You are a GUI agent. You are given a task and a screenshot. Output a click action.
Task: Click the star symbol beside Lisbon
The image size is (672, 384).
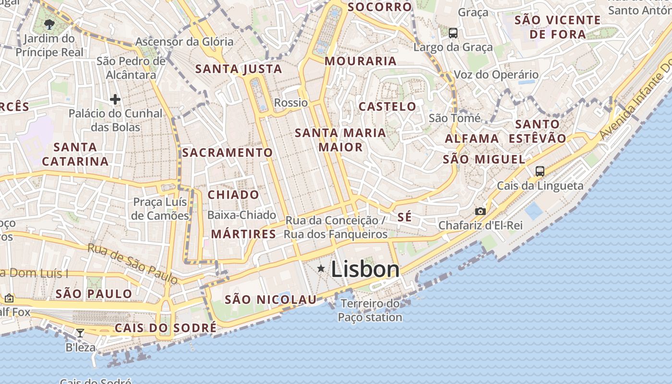[321, 268]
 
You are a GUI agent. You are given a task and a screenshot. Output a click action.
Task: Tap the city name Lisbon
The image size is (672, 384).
[365, 269]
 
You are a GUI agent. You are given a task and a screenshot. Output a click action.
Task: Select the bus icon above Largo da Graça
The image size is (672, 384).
[453, 33]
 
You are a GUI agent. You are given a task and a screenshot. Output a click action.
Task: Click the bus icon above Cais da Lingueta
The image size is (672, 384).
[540, 171]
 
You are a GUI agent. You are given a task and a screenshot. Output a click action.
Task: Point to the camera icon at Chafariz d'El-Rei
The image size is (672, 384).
[480, 211]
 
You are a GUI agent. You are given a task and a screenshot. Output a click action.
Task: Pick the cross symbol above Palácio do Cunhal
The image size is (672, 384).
[115, 99]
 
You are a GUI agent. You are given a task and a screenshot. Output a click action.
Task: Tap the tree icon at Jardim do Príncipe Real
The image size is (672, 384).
[49, 24]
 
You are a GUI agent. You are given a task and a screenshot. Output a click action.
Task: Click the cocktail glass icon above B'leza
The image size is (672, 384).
[80, 333]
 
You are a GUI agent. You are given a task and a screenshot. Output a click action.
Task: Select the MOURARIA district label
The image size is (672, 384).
[360, 61]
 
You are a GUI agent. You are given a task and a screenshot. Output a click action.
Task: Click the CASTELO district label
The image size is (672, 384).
[387, 107]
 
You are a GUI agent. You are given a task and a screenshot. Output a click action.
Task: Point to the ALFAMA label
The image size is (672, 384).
[472, 139]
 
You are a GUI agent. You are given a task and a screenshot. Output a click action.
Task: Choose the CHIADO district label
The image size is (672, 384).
[233, 195]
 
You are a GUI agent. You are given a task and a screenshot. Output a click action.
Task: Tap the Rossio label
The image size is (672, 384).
[291, 103]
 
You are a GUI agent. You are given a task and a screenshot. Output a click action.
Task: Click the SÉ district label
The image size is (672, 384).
[405, 217]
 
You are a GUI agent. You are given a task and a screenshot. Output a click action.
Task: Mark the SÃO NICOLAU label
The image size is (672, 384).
[271, 300]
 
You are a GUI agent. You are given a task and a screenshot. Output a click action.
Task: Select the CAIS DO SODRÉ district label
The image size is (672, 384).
[165, 328]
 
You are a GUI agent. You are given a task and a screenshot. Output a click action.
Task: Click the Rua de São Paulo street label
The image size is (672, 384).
[133, 263]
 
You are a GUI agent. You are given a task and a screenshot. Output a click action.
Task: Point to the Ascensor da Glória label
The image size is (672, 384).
[184, 42]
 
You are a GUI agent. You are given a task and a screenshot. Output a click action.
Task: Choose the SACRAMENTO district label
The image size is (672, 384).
[227, 153]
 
